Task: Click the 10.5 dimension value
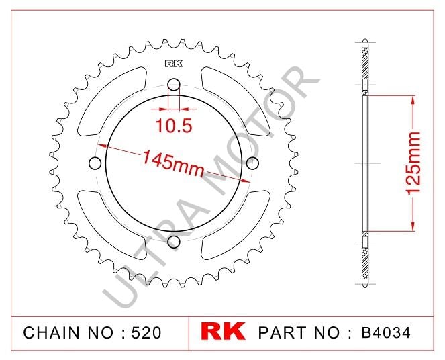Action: coord(174,125)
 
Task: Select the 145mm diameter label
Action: coord(172,164)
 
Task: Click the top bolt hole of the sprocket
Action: coord(174,85)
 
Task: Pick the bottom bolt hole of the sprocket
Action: coord(174,242)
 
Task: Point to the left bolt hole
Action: coord(95,163)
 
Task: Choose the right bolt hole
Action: coord(252,163)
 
